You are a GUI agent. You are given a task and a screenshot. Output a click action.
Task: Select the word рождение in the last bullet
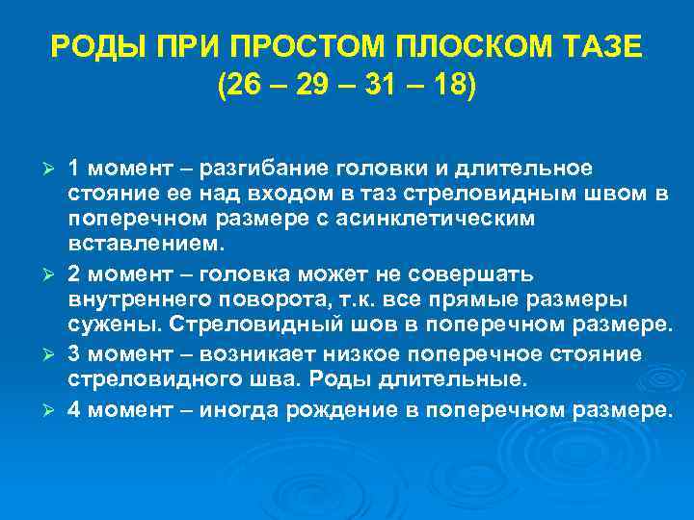[x=343, y=409]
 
